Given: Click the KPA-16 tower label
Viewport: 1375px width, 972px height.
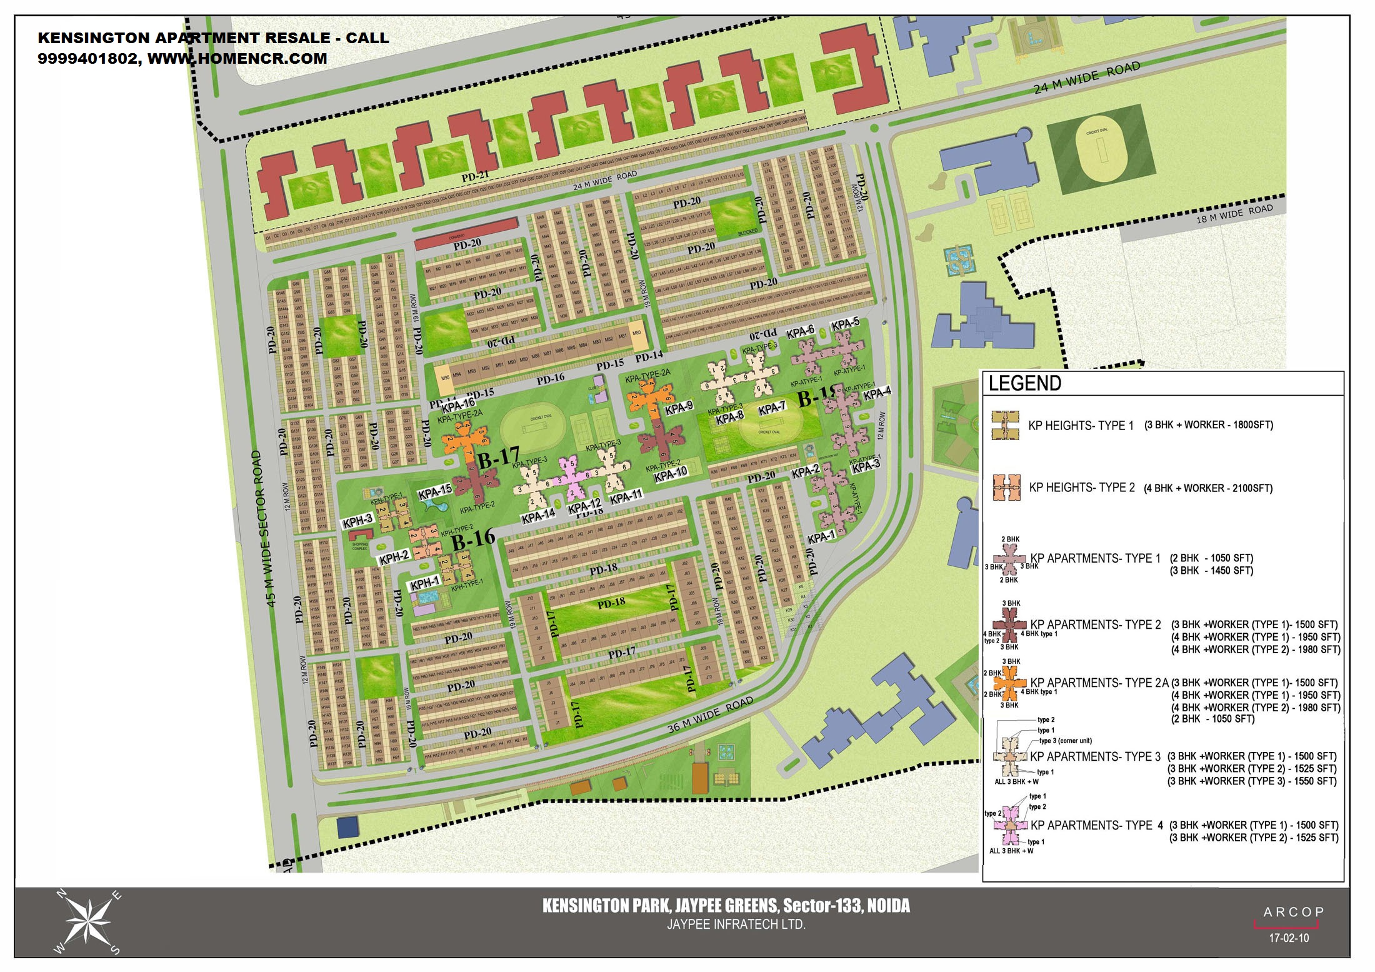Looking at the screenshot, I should (x=458, y=405).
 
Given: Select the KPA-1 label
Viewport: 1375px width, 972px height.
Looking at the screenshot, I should (x=821, y=538).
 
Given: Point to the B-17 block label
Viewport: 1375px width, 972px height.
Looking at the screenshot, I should (x=498, y=459).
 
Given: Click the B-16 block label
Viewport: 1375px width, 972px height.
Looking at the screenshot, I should (x=473, y=539).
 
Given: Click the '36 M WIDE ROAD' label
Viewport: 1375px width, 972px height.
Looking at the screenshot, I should (x=710, y=715).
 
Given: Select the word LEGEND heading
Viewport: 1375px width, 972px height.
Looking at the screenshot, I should (x=1024, y=383).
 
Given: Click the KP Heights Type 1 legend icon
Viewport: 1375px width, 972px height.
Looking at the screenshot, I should (x=1005, y=425).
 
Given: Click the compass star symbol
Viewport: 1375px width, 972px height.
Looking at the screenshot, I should (x=88, y=922).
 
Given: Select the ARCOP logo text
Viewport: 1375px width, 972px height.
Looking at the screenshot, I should (x=1293, y=912).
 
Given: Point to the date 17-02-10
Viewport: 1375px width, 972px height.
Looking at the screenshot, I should (x=1288, y=938).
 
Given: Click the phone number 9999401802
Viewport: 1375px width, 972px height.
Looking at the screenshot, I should (x=89, y=59).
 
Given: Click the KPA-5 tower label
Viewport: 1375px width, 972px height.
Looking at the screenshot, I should (x=845, y=324).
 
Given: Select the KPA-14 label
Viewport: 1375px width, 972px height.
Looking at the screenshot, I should (x=538, y=517).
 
